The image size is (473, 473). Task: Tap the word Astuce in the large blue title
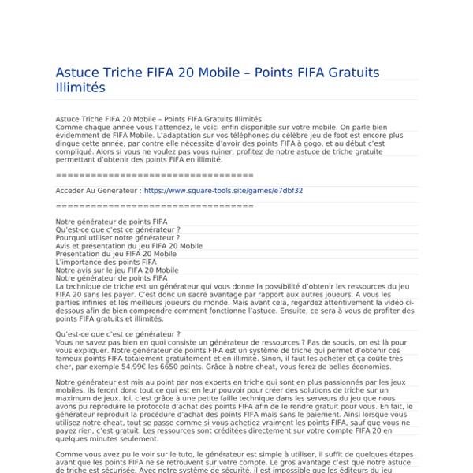[79, 73]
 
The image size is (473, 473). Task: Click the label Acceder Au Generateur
[97, 190]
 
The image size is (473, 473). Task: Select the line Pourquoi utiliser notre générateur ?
[117, 237]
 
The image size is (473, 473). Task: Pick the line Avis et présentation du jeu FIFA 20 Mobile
[128, 246]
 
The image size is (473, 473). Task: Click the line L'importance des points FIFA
[106, 262]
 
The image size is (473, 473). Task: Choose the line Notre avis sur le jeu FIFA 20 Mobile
[117, 270]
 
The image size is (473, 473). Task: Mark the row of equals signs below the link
[155, 206]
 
